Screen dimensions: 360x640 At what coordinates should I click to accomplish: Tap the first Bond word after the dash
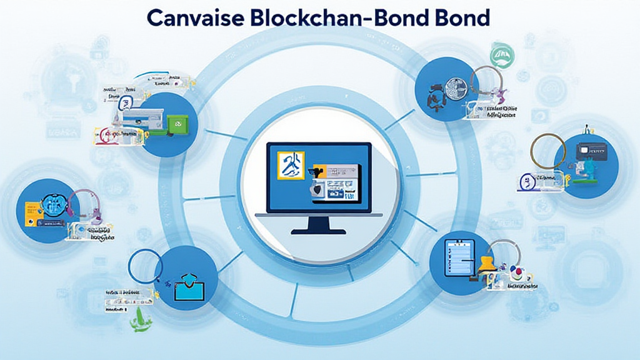coord(395,18)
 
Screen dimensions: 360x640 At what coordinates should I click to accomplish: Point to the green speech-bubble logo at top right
coord(501,57)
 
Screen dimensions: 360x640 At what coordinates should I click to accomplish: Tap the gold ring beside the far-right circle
coord(547,152)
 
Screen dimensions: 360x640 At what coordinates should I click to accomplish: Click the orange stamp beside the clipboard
coord(487,265)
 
